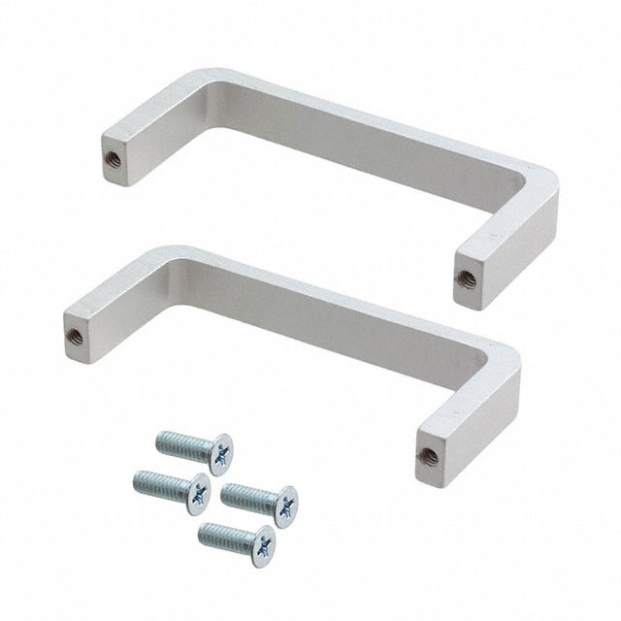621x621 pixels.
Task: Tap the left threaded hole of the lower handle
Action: pos(75,336)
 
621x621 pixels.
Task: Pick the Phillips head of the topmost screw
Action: pos(221,454)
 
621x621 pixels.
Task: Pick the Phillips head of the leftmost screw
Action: pos(198,494)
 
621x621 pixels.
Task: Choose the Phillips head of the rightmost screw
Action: pos(285,507)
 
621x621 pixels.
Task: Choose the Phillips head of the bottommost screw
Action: pos(263,546)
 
